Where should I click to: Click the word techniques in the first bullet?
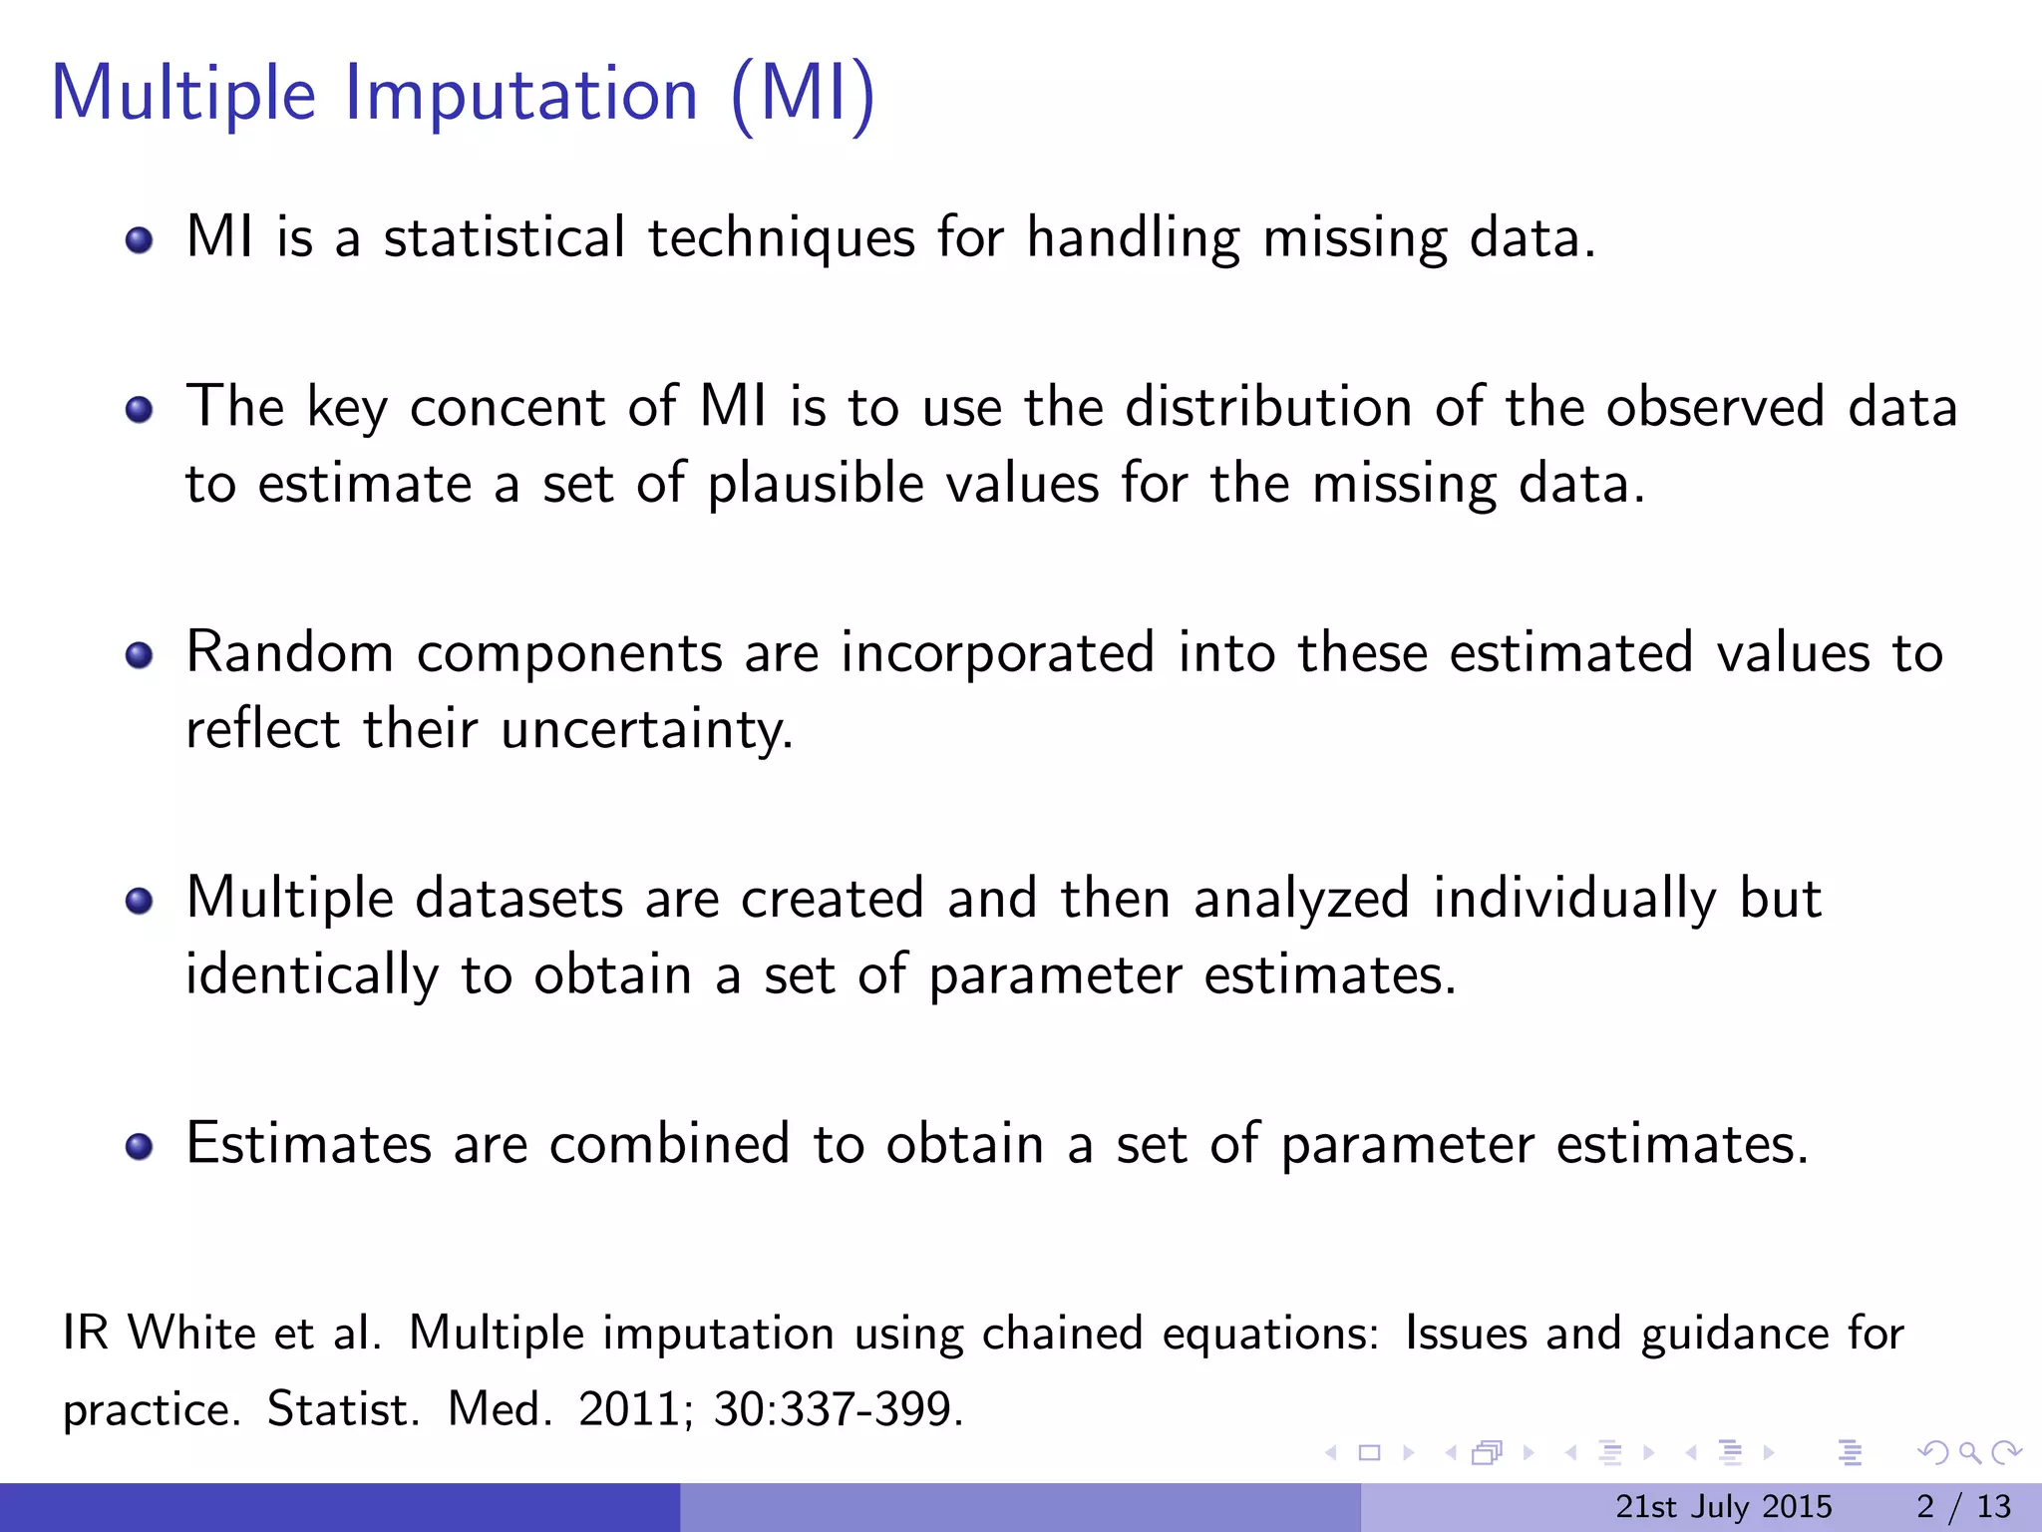(781, 238)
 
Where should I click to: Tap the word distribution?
(1268, 407)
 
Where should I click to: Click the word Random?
(289, 653)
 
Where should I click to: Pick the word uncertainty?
(646, 729)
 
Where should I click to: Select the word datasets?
(518, 898)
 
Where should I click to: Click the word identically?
(311, 974)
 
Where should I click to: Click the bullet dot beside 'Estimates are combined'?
(140, 1146)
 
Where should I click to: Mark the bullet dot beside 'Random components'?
(140, 655)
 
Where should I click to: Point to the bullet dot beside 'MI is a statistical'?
(140, 240)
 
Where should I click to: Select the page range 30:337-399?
(838, 1409)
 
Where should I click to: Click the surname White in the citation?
(191, 1334)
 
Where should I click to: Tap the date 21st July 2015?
(1723, 1506)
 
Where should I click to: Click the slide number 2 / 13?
(1963, 1506)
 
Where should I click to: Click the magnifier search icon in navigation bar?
(1968, 1453)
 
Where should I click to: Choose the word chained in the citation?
(1062, 1334)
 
